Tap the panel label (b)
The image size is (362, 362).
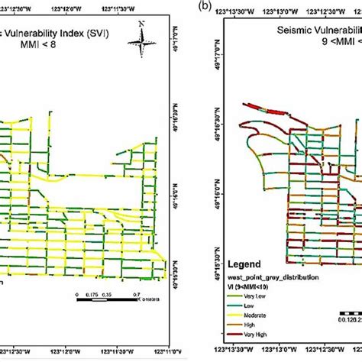click(201, 5)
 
